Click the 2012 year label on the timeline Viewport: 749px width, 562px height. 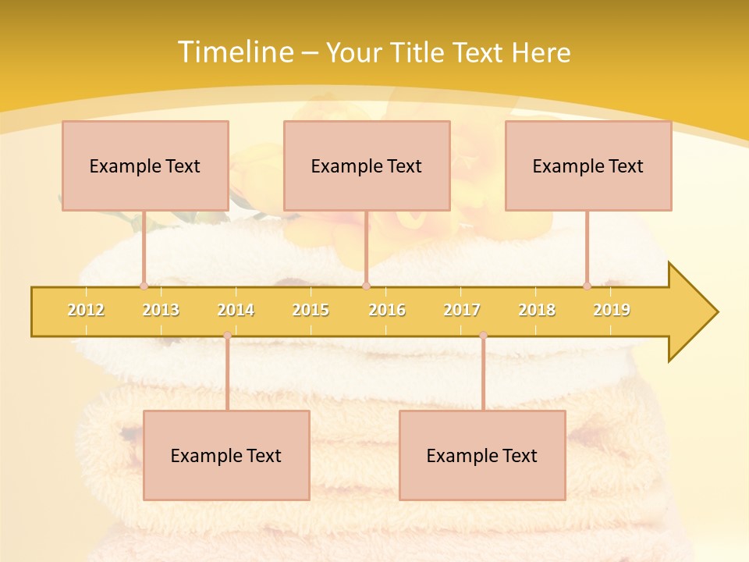[86, 310]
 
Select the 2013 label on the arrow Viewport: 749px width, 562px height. [161, 310]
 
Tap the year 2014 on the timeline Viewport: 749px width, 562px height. [236, 310]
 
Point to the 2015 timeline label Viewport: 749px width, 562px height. [311, 310]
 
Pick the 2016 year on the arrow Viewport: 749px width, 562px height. [387, 310]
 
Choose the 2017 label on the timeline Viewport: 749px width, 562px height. [462, 310]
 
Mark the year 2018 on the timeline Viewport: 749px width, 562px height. [537, 310]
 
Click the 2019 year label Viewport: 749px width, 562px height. [612, 310]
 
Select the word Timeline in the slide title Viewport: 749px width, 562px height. [236, 52]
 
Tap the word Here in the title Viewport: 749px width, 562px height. [541, 52]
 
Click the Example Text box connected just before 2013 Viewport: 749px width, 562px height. [145, 165]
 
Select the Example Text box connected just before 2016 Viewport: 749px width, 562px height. [367, 165]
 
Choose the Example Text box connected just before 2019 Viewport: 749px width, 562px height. [588, 165]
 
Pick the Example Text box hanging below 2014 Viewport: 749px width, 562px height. [226, 455]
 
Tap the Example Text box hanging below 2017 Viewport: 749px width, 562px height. [482, 455]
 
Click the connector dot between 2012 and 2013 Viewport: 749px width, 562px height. [144, 286]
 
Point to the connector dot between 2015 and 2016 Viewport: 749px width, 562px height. [366, 286]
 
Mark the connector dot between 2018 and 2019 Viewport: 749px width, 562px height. [587, 286]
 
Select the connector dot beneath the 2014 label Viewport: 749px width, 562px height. [227, 336]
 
